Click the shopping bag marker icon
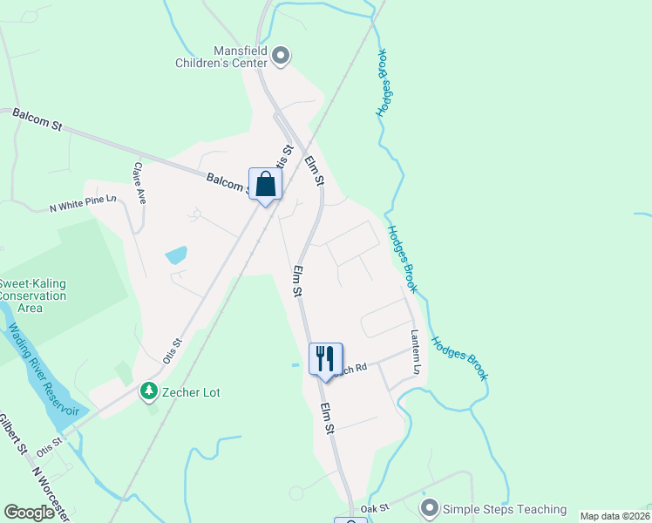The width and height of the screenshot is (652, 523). [x=266, y=184]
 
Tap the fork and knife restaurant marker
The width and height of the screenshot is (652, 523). [x=323, y=358]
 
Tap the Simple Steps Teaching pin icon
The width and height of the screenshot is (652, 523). [x=429, y=507]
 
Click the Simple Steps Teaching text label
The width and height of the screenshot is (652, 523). [x=505, y=509]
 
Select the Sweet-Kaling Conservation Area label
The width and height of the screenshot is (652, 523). [x=32, y=295]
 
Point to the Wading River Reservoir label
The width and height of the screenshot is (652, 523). [x=42, y=370]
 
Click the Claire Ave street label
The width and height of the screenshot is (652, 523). [x=139, y=182]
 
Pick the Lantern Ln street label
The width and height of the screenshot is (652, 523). [x=416, y=352]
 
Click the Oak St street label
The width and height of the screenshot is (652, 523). [x=374, y=508]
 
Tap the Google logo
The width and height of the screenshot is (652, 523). [x=29, y=513]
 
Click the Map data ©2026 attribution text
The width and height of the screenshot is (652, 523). [x=615, y=516]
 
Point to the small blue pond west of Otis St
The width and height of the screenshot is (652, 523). [x=176, y=255]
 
